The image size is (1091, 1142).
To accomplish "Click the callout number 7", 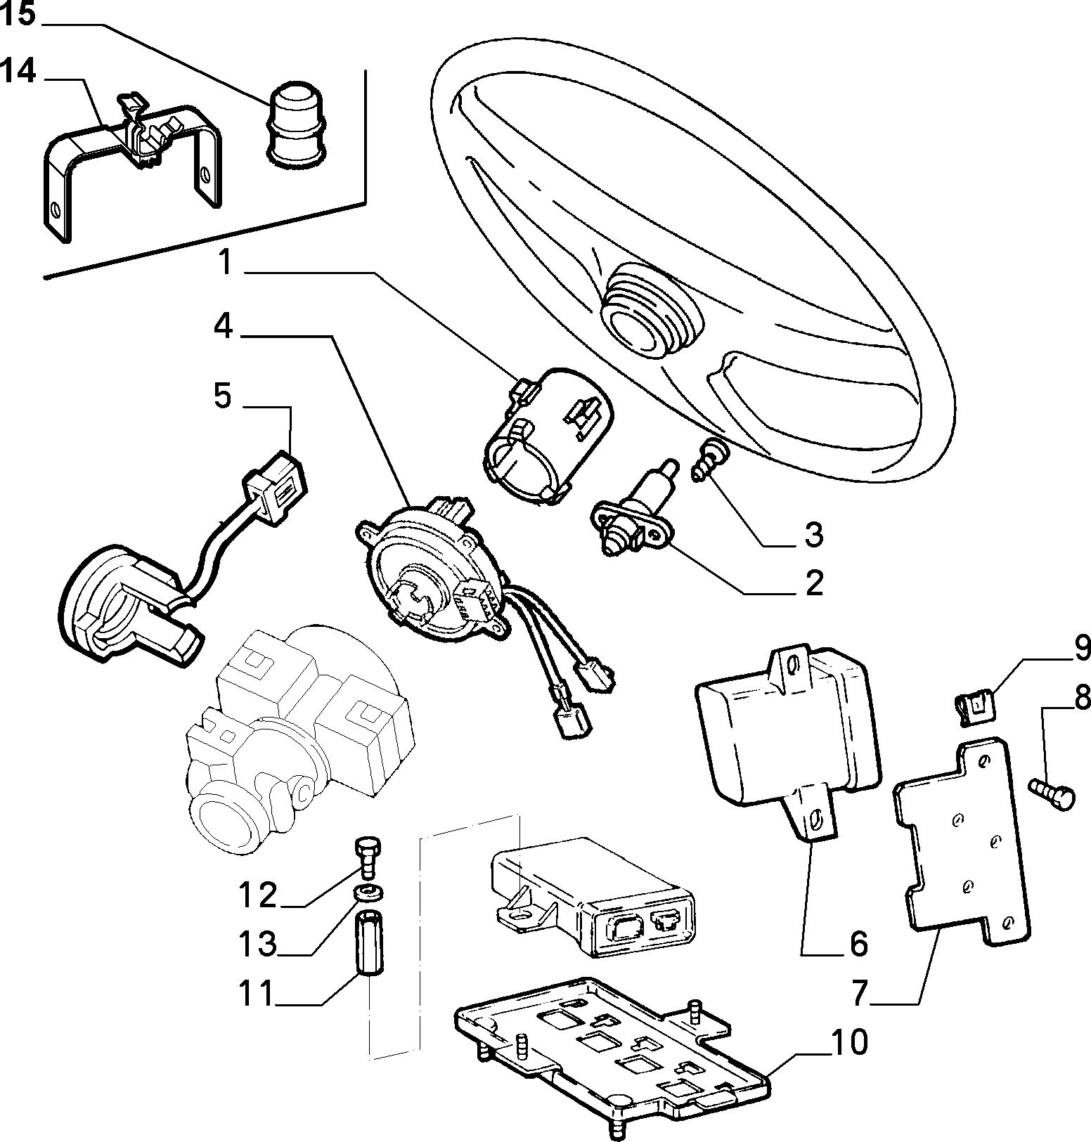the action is (863, 991).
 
